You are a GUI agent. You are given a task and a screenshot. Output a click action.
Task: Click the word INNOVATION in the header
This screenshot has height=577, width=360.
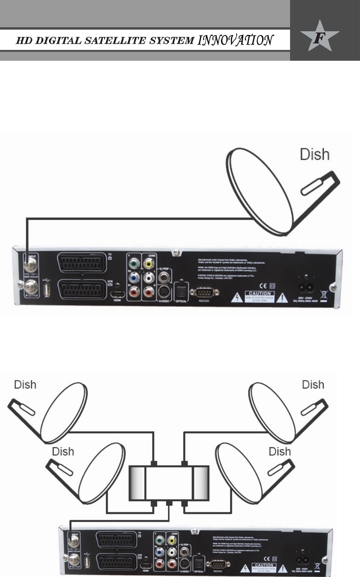(x=235, y=40)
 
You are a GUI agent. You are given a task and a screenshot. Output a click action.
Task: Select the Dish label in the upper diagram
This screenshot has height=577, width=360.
(x=315, y=154)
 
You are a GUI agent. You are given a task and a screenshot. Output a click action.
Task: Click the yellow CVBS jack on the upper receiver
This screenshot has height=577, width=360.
(x=149, y=263)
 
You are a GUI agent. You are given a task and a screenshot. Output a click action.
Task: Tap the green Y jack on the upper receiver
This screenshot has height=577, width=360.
(x=134, y=263)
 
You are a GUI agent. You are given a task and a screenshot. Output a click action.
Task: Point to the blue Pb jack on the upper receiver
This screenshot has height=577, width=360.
(x=134, y=278)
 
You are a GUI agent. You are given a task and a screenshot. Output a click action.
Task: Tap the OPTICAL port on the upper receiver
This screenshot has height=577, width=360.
(x=181, y=291)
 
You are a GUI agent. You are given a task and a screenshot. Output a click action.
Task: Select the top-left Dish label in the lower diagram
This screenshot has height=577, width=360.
(x=25, y=385)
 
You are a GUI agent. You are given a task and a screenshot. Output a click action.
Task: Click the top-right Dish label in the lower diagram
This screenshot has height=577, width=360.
(x=313, y=385)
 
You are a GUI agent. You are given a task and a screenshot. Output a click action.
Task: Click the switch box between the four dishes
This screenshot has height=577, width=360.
(x=169, y=483)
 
